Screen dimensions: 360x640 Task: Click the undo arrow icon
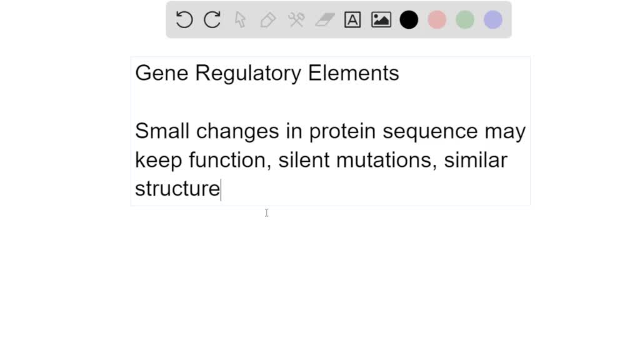[184, 20]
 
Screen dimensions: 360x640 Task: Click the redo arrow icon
[212, 20]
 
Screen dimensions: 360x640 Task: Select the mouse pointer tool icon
[240, 20]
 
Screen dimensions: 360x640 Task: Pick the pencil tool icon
[268, 20]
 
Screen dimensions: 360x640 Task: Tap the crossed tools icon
[296, 20]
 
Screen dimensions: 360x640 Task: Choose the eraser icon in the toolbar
[324, 20]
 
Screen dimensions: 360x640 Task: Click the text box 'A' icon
[352, 20]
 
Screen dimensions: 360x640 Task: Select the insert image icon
[381, 20]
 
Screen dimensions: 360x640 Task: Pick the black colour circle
[409, 20]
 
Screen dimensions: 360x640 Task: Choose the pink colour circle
[437, 20]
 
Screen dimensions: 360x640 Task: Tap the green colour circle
[465, 20]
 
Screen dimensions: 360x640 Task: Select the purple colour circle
[493, 20]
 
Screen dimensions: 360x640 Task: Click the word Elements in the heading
[354, 73]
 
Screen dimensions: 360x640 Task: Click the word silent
[304, 160]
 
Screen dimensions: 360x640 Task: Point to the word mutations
[384, 160]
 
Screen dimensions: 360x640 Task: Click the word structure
[177, 189]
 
